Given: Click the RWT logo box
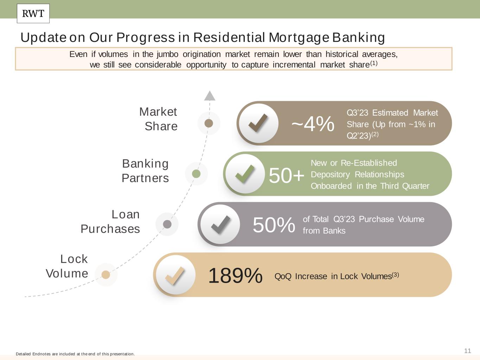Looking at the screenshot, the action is [x=33, y=13].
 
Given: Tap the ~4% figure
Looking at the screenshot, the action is [x=313, y=124].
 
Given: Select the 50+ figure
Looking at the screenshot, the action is [x=287, y=175].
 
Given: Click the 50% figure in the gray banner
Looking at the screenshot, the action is [x=274, y=225].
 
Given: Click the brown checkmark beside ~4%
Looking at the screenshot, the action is [x=258, y=123].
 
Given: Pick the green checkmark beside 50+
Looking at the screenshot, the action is [x=245, y=174].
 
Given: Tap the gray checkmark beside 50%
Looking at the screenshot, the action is [x=220, y=225].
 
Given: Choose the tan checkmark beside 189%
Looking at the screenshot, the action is [x=175, y=276].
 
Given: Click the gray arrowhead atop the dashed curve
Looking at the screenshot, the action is [x=210, y=96].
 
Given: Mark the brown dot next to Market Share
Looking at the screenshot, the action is [x=209, y=123].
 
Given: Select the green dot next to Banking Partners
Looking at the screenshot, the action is [x=196, y=174].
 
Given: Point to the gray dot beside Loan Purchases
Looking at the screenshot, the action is [x=167, y=224].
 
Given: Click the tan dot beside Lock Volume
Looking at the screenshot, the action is [x=106, y=275].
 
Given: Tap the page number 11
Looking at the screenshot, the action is [x=468, y=351].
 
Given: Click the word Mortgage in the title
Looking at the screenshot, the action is [x=299, y=37].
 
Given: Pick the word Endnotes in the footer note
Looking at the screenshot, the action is [x=41, y=354].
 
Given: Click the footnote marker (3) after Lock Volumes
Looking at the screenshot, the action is [x=395, y=275].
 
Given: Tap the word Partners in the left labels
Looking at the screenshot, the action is [x=145, y=178].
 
